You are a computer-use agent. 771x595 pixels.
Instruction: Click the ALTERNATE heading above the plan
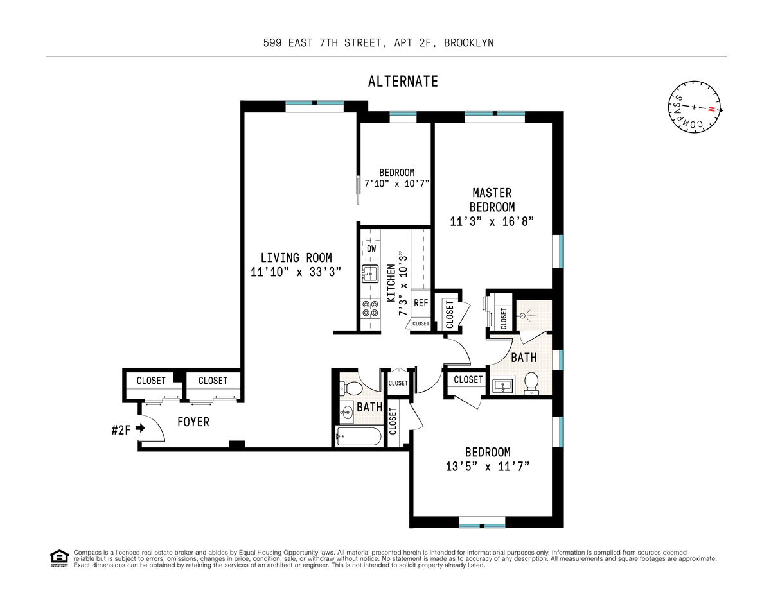(x=403, y=82)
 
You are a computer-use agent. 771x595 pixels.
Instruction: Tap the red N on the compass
(x=711, y=109)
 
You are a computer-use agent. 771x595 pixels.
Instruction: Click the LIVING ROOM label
(x=296, y=257)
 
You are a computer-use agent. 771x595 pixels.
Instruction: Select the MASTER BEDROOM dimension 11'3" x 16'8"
(x=492, y=221)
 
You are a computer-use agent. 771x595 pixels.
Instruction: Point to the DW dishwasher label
(x=371, y=248)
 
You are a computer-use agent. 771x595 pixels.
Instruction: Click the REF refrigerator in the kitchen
(x=421, y=303)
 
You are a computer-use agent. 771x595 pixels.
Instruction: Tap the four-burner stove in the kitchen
(x=370, y=309)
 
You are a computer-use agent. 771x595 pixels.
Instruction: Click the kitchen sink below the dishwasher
(x=369, y=273)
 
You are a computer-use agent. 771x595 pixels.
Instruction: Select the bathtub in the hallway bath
(x=359, y=436)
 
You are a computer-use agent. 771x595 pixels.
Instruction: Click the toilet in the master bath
(x=531, y=383)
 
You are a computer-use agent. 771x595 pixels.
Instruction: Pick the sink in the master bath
(x=503, y=385)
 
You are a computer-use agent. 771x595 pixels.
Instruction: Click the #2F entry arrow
(x=141, y=428)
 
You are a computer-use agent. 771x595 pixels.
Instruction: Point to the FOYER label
(x=193, y=422)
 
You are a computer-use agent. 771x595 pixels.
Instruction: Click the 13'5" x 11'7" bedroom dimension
(x=488, y=467)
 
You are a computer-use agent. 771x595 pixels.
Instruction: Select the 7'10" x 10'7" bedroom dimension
(x=397, y=184)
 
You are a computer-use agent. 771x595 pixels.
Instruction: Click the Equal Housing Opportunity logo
(x=59, y=558)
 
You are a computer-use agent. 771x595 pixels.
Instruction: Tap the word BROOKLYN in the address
(x=468, y=43)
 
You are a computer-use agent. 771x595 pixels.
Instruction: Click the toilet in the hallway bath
(x=351, y=388)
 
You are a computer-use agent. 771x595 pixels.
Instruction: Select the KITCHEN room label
(x=391, y=283)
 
